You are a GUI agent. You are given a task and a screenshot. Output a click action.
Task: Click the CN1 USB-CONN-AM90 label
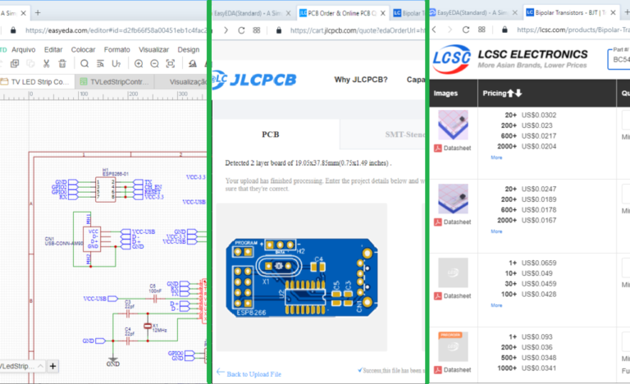click(x=59, y=243)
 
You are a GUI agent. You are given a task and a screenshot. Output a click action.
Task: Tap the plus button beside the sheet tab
click(x=52, y=366)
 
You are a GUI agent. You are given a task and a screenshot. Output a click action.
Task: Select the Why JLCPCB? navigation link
click(x=361, y=80)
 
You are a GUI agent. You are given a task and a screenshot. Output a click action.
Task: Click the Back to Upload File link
click(x=253, y=374)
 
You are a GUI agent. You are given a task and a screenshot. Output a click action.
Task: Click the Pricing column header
click(x=502, y=93)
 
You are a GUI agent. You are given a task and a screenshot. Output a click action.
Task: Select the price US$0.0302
click(x=539, y=115)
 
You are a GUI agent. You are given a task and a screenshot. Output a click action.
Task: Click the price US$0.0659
click(x=539, y=263)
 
